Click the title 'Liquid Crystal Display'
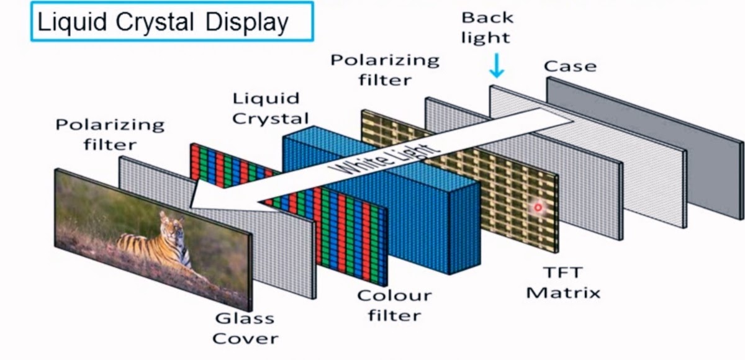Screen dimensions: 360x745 point(163,23)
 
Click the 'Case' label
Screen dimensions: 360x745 point(570,66)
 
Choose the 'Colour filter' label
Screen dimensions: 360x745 point(394,305)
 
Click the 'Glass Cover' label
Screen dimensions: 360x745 point(245,328)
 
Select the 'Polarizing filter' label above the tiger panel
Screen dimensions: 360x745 point(110,134)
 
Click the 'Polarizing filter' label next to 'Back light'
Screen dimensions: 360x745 point(384,70)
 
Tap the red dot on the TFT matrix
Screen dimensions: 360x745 point(538,207)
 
